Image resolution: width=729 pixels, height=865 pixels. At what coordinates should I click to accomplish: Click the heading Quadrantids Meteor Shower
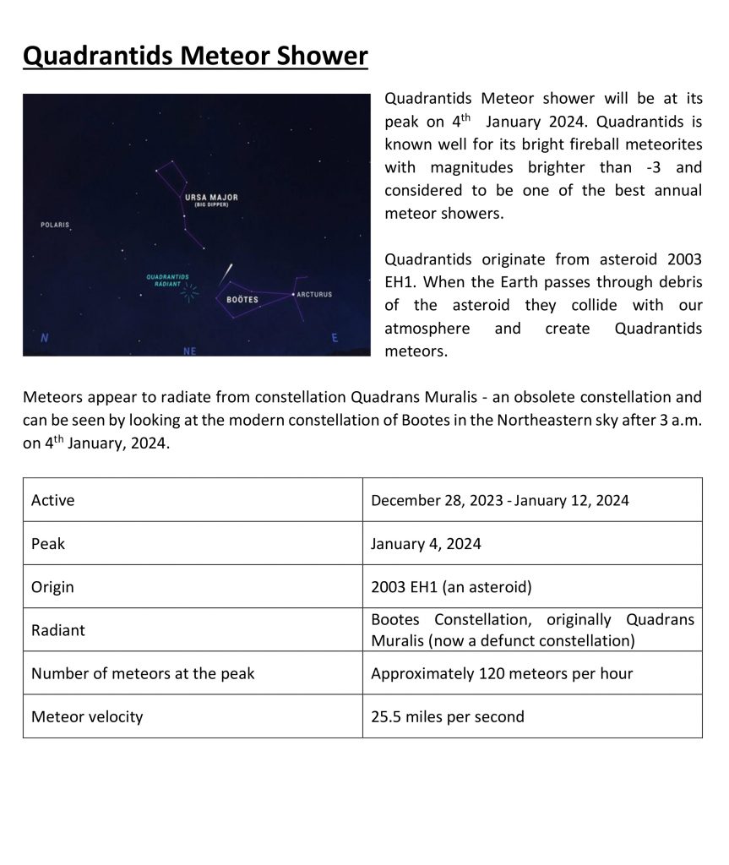click(195, 57)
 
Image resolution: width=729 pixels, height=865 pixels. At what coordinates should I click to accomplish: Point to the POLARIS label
click(55, 226)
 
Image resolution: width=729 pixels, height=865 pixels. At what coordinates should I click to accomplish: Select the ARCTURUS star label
click(314, 295)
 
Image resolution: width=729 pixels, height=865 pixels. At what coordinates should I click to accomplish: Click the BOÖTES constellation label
click(242, 300)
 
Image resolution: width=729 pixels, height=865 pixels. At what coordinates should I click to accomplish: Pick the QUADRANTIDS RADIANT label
click(167, 280)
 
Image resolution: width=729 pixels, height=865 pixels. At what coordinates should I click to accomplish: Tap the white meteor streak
click(226, 274)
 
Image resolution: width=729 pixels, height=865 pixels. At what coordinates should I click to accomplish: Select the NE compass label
click(190, 350)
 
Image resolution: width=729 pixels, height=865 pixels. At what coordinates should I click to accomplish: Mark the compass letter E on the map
click(335, 338)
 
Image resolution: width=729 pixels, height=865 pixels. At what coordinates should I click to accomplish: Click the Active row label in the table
click(53, 500)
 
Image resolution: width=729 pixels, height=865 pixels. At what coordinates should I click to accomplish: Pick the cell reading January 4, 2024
click(426, 544)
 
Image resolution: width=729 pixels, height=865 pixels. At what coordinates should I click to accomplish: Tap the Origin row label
click(52, 587)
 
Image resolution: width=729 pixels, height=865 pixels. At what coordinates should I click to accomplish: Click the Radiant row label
click(58, 630)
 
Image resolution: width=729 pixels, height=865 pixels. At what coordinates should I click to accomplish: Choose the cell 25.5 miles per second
click(448, 716)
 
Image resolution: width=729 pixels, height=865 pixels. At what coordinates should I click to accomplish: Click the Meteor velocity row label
click(87, 716)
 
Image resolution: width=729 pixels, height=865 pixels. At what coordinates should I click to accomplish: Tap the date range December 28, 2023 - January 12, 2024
click(500, 500)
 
